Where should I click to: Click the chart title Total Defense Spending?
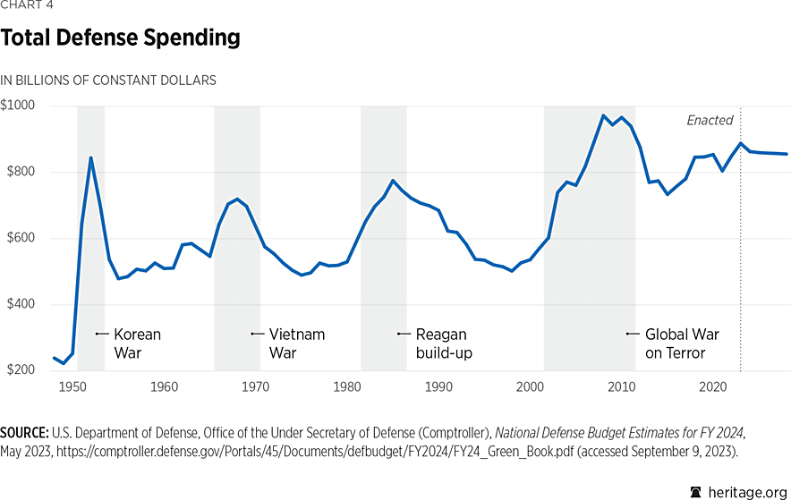pyautogui.click(x=120, y=38)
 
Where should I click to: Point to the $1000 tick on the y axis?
pyautogui.click(x=19, y=106)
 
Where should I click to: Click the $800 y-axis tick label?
pyautogui.click(x=19, y=172)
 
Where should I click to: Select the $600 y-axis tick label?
pyautogui.click(x=19, y=238)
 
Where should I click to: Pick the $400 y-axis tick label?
pyautogui.click(x=19, y=304)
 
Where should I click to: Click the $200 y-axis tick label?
pyautogui.click(x=19, y=370)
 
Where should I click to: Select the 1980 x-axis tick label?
pyautogui.click(x=347, y=386)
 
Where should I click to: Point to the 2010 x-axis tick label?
pyautogui.click(x=621, y=386)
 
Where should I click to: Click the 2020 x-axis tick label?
pyautogui.click(x=712, y=386)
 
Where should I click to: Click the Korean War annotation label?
pyautogui.click(x=137, y=343)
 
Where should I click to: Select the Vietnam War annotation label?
pyautogui.click(x=297, y=343)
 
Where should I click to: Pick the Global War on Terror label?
pyautogui.click(x=682, y=343)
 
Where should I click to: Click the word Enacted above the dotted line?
pyautogui.click(x=710, y=120)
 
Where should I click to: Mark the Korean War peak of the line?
pyautogui.click(x=90, y=157)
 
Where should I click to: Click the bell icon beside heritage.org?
pyautogui.click(x=696, y=491)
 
